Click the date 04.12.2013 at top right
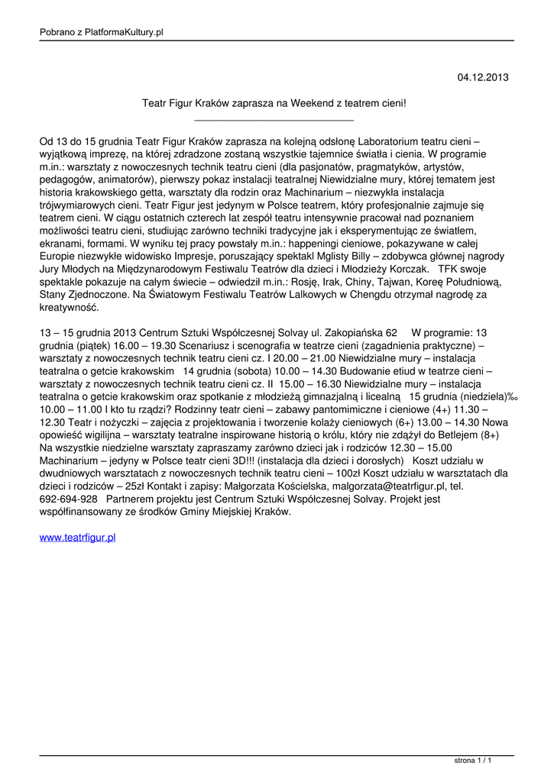pyautogui.click(x=482, y=77)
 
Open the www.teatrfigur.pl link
pyautogui.click(x=77, y=538)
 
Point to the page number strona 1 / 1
pyautogui.click(x=472, y=761)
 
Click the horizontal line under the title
pyautogui.click(x=274, y=120)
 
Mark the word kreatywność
pyautogui.click(x=69, y=309)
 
